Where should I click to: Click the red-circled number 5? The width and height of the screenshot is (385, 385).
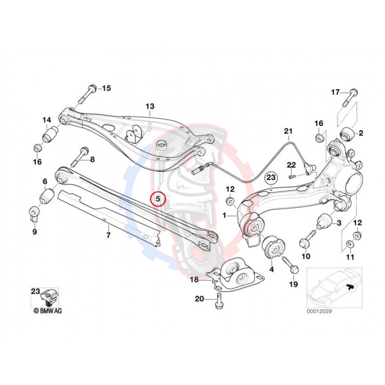click(158, 198)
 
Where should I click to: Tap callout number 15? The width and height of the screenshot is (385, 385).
click(106, 88)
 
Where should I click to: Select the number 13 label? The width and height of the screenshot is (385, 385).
click(150, 106)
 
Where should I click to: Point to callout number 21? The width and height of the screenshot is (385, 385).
click(288, 131)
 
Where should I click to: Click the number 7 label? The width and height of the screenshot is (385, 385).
click(108, 235)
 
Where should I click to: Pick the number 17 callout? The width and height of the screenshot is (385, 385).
click(335, 92)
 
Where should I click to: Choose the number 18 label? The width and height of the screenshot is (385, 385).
click(193, 279)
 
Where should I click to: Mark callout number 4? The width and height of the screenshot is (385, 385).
click(271, 269)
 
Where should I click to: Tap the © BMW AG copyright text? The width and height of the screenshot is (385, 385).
click(48, 311)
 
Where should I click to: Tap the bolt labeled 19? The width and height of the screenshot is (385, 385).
click(290, 265)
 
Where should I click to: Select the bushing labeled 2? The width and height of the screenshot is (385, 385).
click(348, 132)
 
